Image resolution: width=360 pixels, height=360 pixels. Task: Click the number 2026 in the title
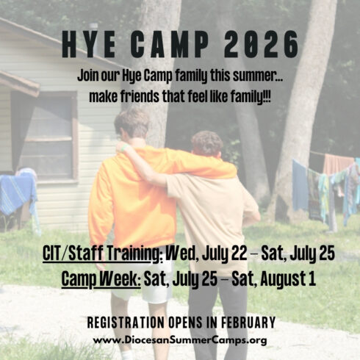(x=261, y=45)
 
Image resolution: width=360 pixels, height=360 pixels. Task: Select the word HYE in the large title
(x=89, y=45)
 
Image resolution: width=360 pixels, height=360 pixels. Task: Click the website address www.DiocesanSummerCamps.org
(x=180, y=340)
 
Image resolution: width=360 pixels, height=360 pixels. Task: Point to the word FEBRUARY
(x=248, y=323)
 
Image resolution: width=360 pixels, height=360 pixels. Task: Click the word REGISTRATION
(x=126, y=323)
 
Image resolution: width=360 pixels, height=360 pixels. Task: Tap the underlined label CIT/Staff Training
(x=103, y=253)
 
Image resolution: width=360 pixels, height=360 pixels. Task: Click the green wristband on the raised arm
(x=124, y=148)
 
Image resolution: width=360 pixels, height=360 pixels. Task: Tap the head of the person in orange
(x=132, y=123)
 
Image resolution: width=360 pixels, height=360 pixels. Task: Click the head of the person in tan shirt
(x=207, y=145)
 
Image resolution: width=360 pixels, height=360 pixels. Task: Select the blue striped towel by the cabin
(x=18, y=193)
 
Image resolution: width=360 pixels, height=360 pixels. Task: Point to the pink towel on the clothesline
(x=338, y=164)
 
